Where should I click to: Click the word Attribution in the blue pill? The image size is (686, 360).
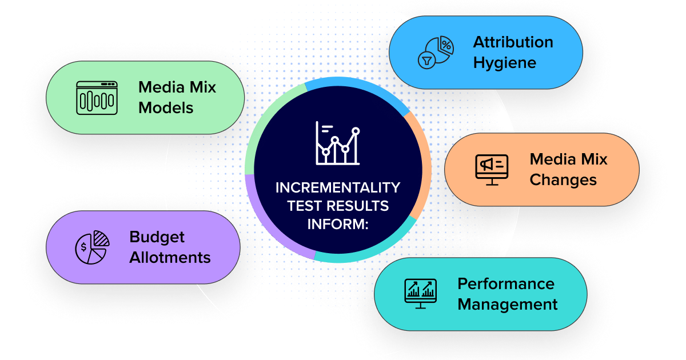click(x=513, y=42)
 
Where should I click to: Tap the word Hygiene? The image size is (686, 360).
click(x=504, y=62)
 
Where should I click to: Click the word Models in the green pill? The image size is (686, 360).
click(x=166, y=107)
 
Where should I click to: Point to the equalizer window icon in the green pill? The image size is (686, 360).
click(x=97, y=97)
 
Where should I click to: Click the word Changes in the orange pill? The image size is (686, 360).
click(x=563, y=180)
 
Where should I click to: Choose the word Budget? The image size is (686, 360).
click(x=157, y=237)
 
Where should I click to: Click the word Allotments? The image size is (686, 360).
click(x=170, y=258)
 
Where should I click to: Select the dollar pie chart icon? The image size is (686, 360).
click(x=92, y=247)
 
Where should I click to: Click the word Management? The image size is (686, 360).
click(x=507, y=305)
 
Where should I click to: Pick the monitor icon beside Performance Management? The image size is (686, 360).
click(x=420, y=294)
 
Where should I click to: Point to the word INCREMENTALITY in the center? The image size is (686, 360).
click(x=338, y=188)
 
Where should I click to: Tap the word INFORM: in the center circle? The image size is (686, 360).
click(x=338, y=223)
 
